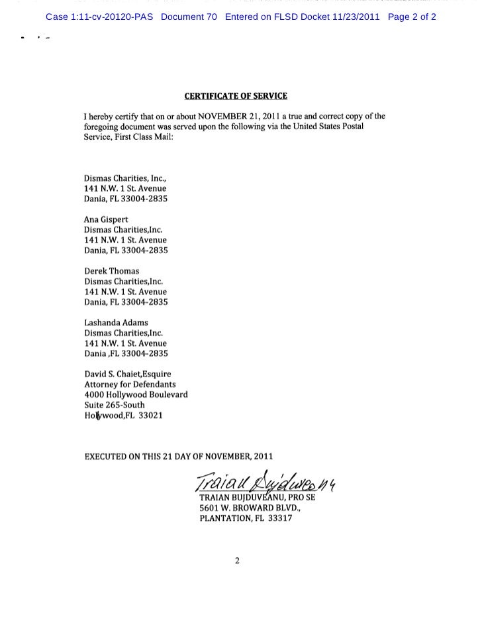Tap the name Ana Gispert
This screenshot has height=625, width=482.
105,219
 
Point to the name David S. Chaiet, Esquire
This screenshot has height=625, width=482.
127,374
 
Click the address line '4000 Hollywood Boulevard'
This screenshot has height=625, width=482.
136,394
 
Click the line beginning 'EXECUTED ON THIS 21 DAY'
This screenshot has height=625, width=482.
177,456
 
